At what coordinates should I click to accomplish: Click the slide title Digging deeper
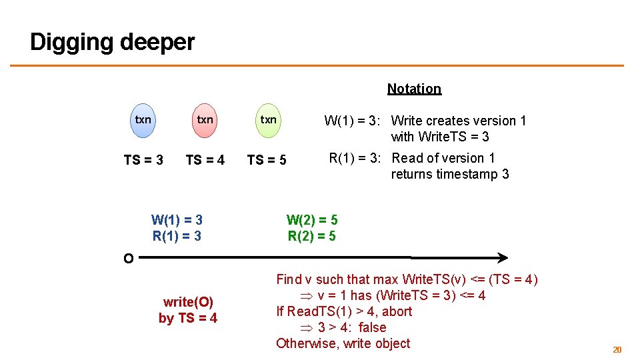[112, 42]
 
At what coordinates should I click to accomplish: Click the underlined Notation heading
[414, 89]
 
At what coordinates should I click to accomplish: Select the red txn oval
[205, 120]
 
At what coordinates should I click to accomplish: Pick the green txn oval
[268, 120]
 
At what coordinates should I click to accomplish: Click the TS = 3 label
[143, 160]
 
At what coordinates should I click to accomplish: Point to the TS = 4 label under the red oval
[205, 160]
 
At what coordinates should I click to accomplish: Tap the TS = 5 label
[267, 160]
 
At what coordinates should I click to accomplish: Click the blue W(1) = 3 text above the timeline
[177, 219]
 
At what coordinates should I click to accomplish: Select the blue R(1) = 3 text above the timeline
[177, 236]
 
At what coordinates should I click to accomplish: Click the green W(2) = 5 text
[312, 219]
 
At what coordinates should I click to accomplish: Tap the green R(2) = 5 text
[312, 236]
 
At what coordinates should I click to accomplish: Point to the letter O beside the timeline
[127, 259]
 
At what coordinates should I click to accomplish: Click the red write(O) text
[188, 302]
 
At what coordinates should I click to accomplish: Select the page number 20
[617, 349]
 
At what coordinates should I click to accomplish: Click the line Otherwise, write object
[343, 343]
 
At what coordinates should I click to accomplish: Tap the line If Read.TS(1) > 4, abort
[344, 311]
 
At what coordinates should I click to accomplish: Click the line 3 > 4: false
[351, 327]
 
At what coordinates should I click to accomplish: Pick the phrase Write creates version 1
[459, 121]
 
